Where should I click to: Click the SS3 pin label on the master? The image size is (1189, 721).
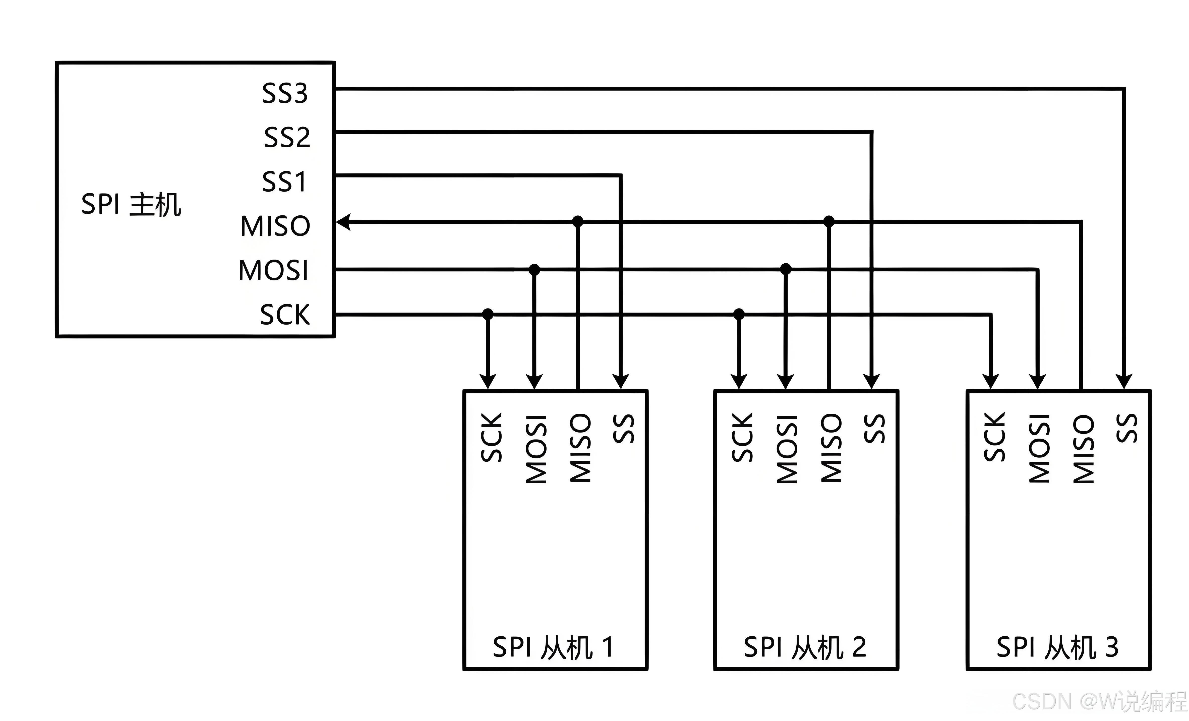click(285, 93)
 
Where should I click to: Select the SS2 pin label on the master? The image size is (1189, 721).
click(287, 138)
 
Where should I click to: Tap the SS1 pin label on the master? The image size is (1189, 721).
click(284, 182)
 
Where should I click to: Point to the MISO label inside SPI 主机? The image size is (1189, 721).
click(275, 226)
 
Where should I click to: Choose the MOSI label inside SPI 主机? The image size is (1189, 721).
click(273, 270)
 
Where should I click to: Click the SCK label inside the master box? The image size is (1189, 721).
click(285, 315)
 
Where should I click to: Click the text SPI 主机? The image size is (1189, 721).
click(131, 204)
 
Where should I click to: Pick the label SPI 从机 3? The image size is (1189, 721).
click(1057, 647)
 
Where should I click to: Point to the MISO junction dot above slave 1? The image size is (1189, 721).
click(578, 221)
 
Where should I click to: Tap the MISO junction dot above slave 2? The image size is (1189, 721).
click(828, 221)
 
